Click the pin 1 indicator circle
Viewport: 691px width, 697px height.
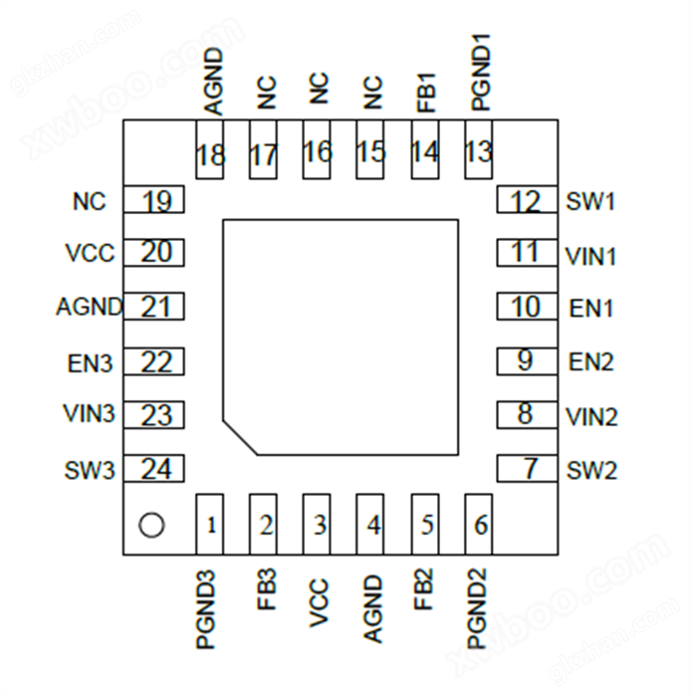(x=151, y=525)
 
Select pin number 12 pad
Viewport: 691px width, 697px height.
(x=527, y=199)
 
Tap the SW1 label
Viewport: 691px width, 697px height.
(x=590, y=201)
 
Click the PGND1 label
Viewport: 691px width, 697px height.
(x=480, y=73)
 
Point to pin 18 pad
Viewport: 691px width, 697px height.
(x=210, y=149)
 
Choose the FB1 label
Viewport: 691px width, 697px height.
(x=426, y=93)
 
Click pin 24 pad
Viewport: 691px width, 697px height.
(x=153, y=468)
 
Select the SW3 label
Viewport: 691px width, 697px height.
(x=90, y=470)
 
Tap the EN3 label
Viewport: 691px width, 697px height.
(x=90, y=363)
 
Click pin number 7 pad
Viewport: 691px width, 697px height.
(x=527, y=468)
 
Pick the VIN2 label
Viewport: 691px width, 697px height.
(x=591, y=417)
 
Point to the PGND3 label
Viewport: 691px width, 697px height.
(x=206, y=609)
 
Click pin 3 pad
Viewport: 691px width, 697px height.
(x=317, y=524)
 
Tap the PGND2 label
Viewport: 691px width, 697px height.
(x=478, y=608)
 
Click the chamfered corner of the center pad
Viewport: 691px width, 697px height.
(x=240, y=437)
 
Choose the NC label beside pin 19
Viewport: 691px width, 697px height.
(x=90, y=201)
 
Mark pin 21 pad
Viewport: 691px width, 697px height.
(x=153, y=307)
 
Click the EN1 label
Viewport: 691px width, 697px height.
(x=591, y=309)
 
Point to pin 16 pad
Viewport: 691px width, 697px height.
(x=317, y=149)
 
